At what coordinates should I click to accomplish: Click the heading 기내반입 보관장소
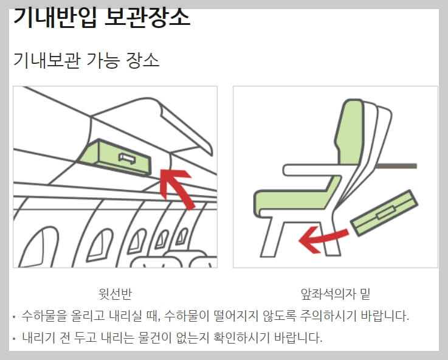click(102, 17)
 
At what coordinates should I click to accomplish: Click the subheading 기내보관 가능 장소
click(86, 60)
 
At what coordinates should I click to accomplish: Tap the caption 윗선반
click(115, 294)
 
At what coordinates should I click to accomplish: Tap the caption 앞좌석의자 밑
click(336, 294)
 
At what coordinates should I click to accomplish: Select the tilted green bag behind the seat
click(385, 212)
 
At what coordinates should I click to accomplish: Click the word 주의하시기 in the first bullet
click(339, 316)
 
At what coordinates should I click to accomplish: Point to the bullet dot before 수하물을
click(14, 317)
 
